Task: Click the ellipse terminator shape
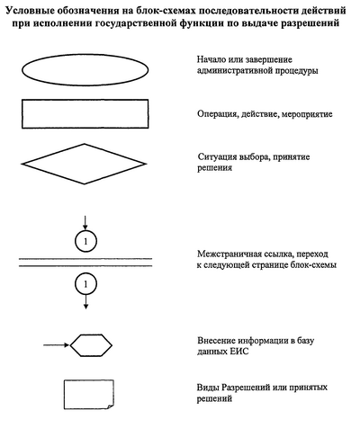click(85, 55)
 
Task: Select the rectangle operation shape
click(85, 100)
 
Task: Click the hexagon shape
click(91, 334)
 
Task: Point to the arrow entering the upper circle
click(85, 223)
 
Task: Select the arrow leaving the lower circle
click(85, 302)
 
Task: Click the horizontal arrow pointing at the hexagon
click(57, 345)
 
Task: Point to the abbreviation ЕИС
click(239, 351)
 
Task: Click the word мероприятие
click(307, 114)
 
